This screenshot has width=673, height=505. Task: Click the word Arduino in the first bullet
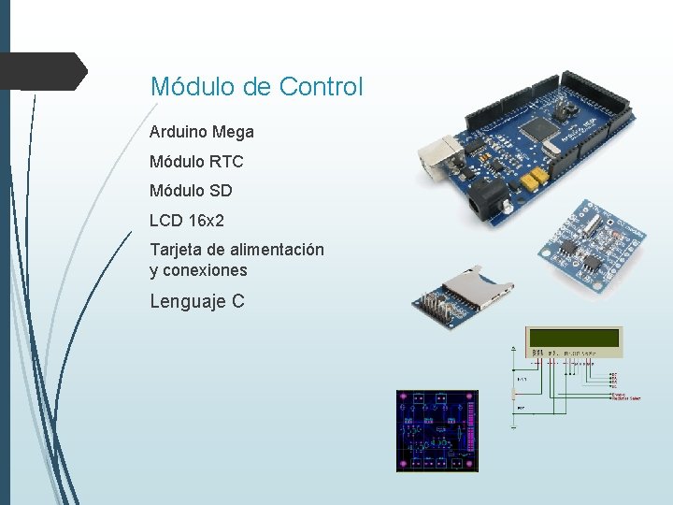coord(178,133)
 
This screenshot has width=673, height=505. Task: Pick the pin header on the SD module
coord(432,305)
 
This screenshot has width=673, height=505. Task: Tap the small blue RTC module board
coord(580,246)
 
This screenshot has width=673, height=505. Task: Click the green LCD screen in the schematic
coord(572,338)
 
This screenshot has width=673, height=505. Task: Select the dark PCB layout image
coord(437,431)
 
